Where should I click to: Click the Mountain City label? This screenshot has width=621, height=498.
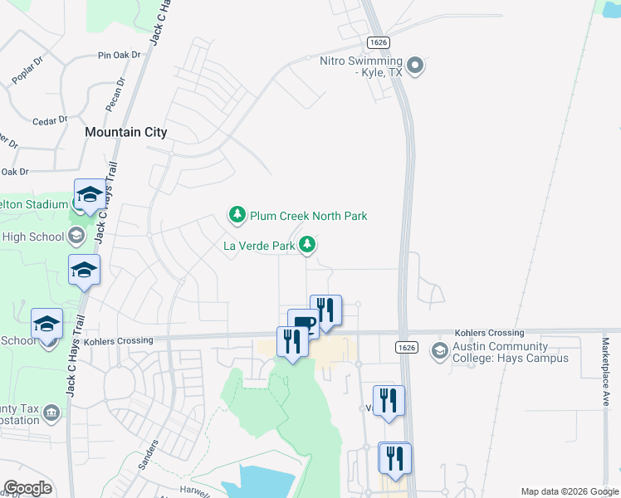click(x=126, y=132)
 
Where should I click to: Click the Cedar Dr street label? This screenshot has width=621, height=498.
click(x=49, y=121)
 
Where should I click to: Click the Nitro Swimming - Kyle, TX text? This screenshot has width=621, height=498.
click(x=361, y=66)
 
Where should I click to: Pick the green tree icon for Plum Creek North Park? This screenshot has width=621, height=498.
click(x=237, y=216)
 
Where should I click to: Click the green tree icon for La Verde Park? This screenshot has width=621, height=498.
click(x=308, y=245)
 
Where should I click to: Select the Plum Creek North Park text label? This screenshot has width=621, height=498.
click(x=308, y=216)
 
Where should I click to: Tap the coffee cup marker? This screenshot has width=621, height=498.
click(x=303, y=323)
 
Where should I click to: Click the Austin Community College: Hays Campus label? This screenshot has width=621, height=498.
click(x=511, y=352)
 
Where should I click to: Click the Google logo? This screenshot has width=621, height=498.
click(x=27, y=488)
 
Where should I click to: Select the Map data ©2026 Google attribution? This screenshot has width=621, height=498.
click(x=569, y=491)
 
